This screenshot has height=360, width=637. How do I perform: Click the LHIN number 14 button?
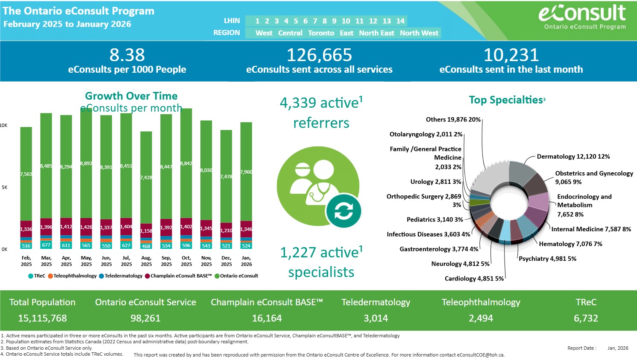pos(400,21)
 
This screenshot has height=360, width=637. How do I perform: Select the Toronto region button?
pos(321,33)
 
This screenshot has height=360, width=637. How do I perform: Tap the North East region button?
pos(376,33)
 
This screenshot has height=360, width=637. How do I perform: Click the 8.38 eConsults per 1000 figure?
pos(127,55)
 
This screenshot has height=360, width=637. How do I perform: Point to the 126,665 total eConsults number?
pos(319,55)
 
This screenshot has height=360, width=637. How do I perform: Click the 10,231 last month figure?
pos(511,55)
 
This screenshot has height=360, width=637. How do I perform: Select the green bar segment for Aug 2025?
pos(146,177)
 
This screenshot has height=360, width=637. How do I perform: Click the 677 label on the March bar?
pos(46,245)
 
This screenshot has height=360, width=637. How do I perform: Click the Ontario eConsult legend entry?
pos(239,276)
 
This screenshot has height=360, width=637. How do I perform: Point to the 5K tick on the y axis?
pos(4,187)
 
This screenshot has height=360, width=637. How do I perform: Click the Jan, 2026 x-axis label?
pos(246,261)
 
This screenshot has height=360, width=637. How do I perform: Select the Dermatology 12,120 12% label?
pos(573,156)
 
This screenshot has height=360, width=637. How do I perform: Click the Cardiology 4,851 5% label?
pos(474,278)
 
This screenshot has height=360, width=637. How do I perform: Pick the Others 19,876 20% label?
pos(453,119)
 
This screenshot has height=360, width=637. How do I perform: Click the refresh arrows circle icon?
pos(343,211)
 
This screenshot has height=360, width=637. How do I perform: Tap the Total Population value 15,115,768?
pos(42,318)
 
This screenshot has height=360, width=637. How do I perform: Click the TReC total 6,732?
pos(586,318)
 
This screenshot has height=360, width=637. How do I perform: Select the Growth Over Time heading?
pos(131,96)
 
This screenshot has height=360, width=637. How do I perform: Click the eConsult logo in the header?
pos(582,16)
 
